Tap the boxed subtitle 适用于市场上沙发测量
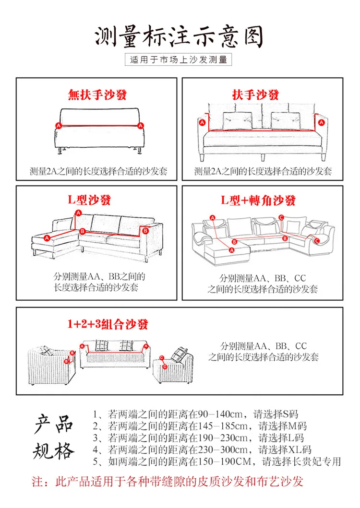coord(179,59)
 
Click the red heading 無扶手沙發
coord(97,95)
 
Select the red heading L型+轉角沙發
coord(258,201)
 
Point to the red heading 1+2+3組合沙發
coord(108,324)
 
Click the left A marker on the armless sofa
coord(59,125)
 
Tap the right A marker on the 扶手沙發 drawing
coord(321,122)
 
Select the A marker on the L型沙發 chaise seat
coord(48,238)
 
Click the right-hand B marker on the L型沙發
coord(145,231)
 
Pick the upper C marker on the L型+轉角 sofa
coord(281,217)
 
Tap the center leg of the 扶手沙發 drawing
coord(263,157)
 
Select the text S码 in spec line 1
coord(290,414)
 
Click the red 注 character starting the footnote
coord(37,482)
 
